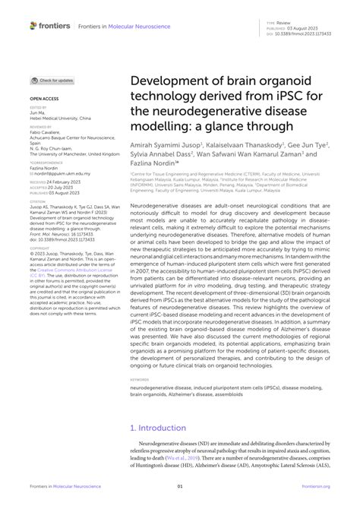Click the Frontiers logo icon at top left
[33, 26]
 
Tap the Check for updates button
[52, 80]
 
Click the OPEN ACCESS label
[44, 99]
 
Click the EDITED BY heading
[38, 109]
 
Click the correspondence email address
[59, 173]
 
